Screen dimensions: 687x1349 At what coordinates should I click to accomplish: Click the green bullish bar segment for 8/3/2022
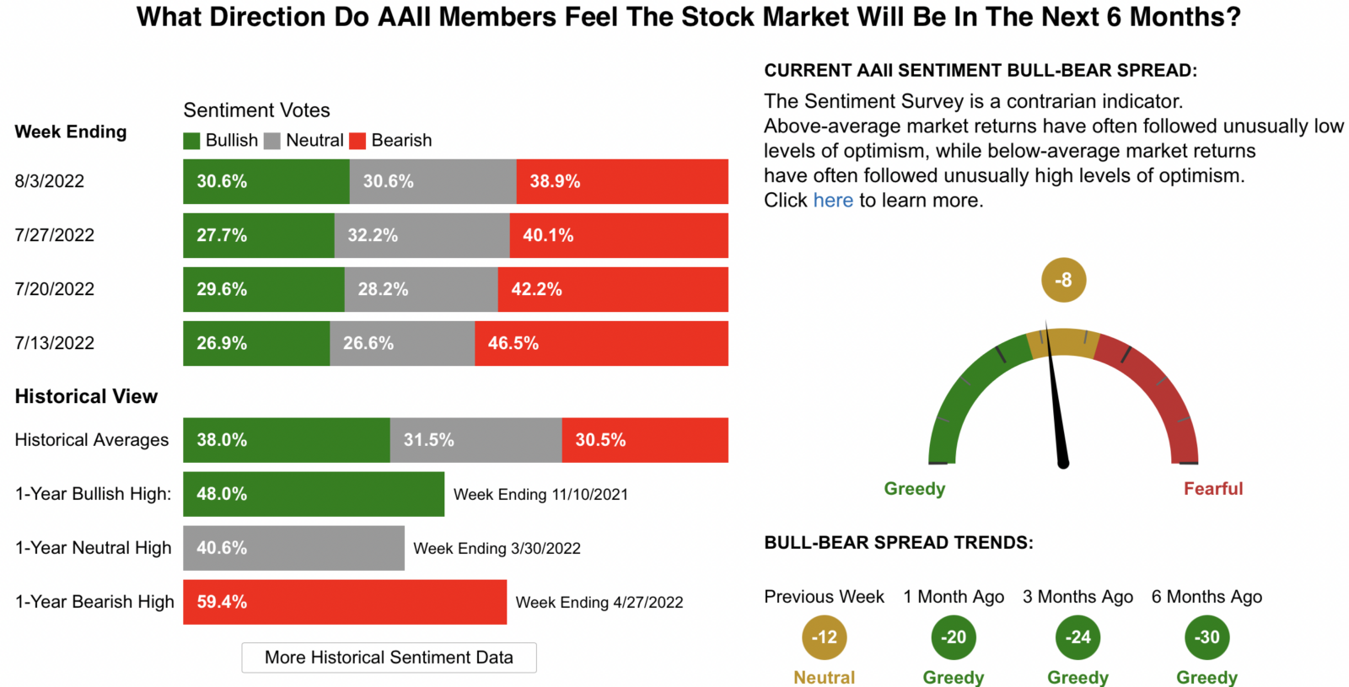tap(266, 181)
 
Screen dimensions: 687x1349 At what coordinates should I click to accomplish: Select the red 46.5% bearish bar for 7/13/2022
tap(601, 343)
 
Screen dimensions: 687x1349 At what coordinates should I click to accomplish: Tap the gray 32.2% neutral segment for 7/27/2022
tap(422, 235)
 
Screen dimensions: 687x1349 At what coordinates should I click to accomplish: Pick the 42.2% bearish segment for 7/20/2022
tap(613, 289)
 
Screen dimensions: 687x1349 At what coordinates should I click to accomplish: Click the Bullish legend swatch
tap(191, 141)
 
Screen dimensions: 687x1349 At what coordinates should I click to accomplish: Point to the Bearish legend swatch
tap(357, 141)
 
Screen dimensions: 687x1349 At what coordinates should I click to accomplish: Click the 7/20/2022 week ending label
tap(55, 289)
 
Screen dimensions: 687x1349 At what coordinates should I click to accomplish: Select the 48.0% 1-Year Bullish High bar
tap(314, 494)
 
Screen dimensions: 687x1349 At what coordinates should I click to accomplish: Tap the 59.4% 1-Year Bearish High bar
tap(345, 602)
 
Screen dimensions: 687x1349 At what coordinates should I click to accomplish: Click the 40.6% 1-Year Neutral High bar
tap(293, 548)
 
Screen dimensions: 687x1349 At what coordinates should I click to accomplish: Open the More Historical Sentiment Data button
tap(389, 657)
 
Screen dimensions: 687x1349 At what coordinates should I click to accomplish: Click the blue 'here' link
tap(833, 201)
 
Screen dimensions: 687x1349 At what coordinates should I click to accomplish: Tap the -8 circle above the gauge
tap(1063, 280)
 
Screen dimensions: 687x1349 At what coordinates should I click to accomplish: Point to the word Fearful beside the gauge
tap(1212, 489)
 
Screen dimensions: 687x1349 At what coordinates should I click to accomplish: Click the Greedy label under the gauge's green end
tap(915, 489)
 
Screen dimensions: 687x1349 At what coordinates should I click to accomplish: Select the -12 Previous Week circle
tap(824, 637)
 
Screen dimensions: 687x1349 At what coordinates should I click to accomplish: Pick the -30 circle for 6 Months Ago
tap(1207, 637)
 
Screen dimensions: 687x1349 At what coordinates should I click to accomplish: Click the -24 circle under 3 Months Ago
tap(1078, 637)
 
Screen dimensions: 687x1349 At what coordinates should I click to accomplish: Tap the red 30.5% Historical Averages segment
tap(645, 440)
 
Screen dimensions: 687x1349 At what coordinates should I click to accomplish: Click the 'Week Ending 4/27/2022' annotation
tap(599, 603)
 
